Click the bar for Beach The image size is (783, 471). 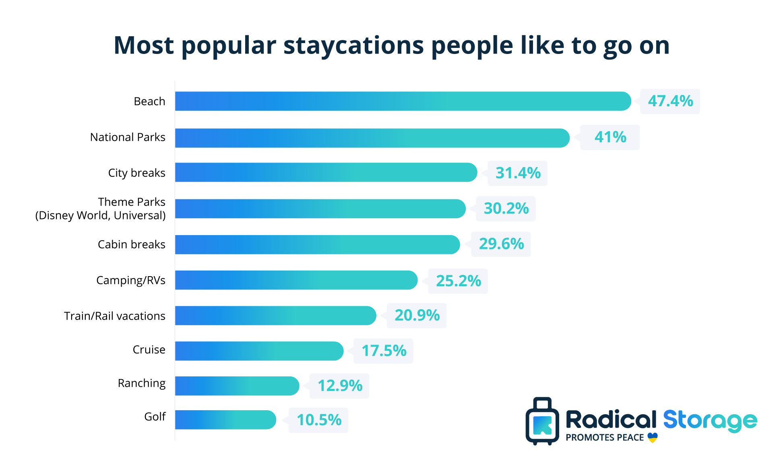coord(403,101)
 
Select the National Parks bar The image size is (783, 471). coord(372,138)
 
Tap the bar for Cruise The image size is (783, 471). coord(259,351)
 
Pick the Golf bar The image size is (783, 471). coord(225,419)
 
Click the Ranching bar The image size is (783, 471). coord(237,386)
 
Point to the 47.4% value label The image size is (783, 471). coord(670,101)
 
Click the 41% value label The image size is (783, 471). coord(610,137)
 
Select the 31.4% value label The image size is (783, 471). coord(518,173)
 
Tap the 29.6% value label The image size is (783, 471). coord(501,244)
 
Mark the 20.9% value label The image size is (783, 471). coord(417,315)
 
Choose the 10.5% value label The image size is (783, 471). coord(319,420)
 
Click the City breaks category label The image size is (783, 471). coord(136,173)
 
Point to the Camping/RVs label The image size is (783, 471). coord(130,280)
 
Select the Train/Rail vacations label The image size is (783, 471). coord(114,316)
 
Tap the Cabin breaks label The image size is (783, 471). coord(131,244)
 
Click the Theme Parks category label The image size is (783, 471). coord(131,202)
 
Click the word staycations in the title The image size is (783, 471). coord(353,45)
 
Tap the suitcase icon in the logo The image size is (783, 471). coord(542,421)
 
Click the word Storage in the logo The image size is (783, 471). coord(710,421)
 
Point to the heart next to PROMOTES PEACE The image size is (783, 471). coord(653,437)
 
